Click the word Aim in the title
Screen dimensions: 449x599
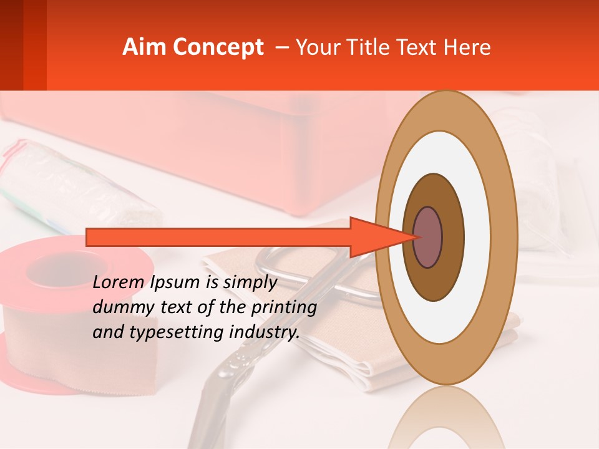pyautogui.click(x=144, y=47)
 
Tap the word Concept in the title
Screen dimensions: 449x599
pyautogui.click(x=218, y=48)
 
